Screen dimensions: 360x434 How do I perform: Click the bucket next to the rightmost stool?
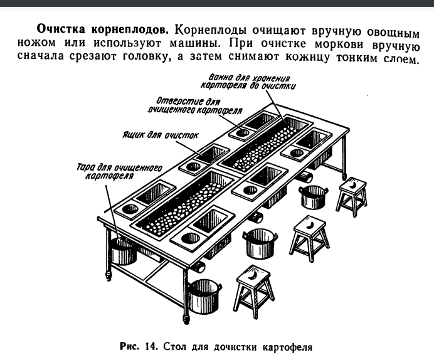click(312, 196)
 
